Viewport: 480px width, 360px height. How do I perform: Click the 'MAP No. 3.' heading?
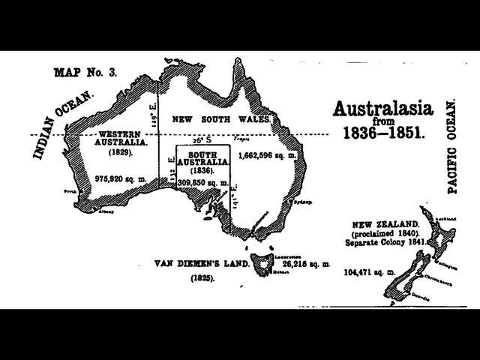point(86,73)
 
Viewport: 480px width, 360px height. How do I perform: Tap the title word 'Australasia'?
point(382,110)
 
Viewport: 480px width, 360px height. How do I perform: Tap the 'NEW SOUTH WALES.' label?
point(221,120)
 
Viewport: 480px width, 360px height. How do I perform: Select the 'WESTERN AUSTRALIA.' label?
point(123,139)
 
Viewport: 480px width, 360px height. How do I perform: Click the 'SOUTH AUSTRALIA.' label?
point(198,157)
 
